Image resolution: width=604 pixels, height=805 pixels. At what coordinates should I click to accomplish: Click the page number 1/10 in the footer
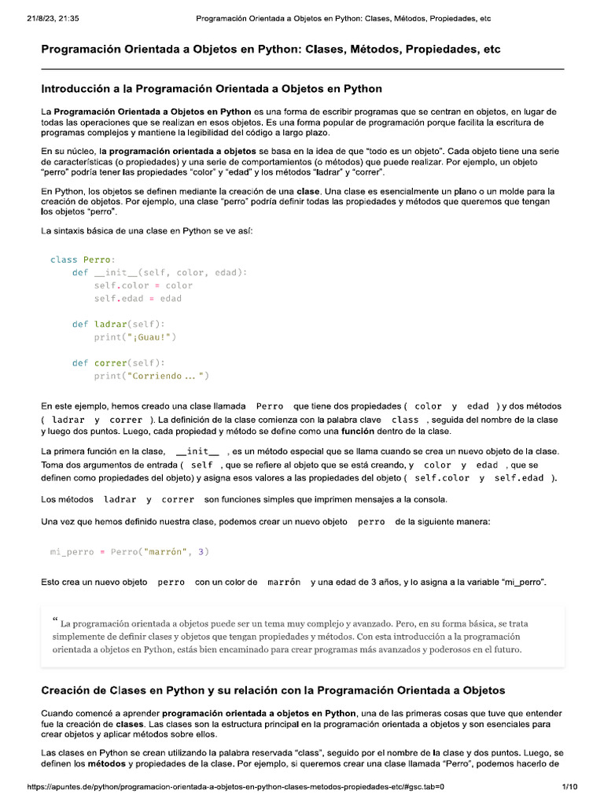[570, 786]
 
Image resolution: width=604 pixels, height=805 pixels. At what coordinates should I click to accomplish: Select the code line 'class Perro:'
[83, 259]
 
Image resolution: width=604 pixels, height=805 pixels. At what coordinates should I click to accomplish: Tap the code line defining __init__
[160, 273]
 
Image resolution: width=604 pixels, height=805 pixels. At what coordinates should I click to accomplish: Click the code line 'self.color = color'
[143, 285]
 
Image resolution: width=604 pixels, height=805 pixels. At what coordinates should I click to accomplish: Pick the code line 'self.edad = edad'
[138, 299]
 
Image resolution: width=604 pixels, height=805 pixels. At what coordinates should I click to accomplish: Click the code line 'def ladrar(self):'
[119, 324]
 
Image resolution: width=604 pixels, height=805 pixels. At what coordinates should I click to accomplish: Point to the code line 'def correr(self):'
[119, 363]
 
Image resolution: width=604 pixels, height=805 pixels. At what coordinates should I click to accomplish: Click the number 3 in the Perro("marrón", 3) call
[202, 552]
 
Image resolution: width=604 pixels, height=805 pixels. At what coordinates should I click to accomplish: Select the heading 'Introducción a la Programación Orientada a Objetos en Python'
[212, 89]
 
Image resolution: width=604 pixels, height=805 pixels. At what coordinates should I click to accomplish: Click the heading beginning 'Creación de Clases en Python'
[273, 690]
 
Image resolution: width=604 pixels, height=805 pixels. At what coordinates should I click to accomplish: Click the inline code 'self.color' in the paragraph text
[442, 478]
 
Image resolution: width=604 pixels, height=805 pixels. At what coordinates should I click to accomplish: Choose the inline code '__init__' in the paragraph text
[197, 452]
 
